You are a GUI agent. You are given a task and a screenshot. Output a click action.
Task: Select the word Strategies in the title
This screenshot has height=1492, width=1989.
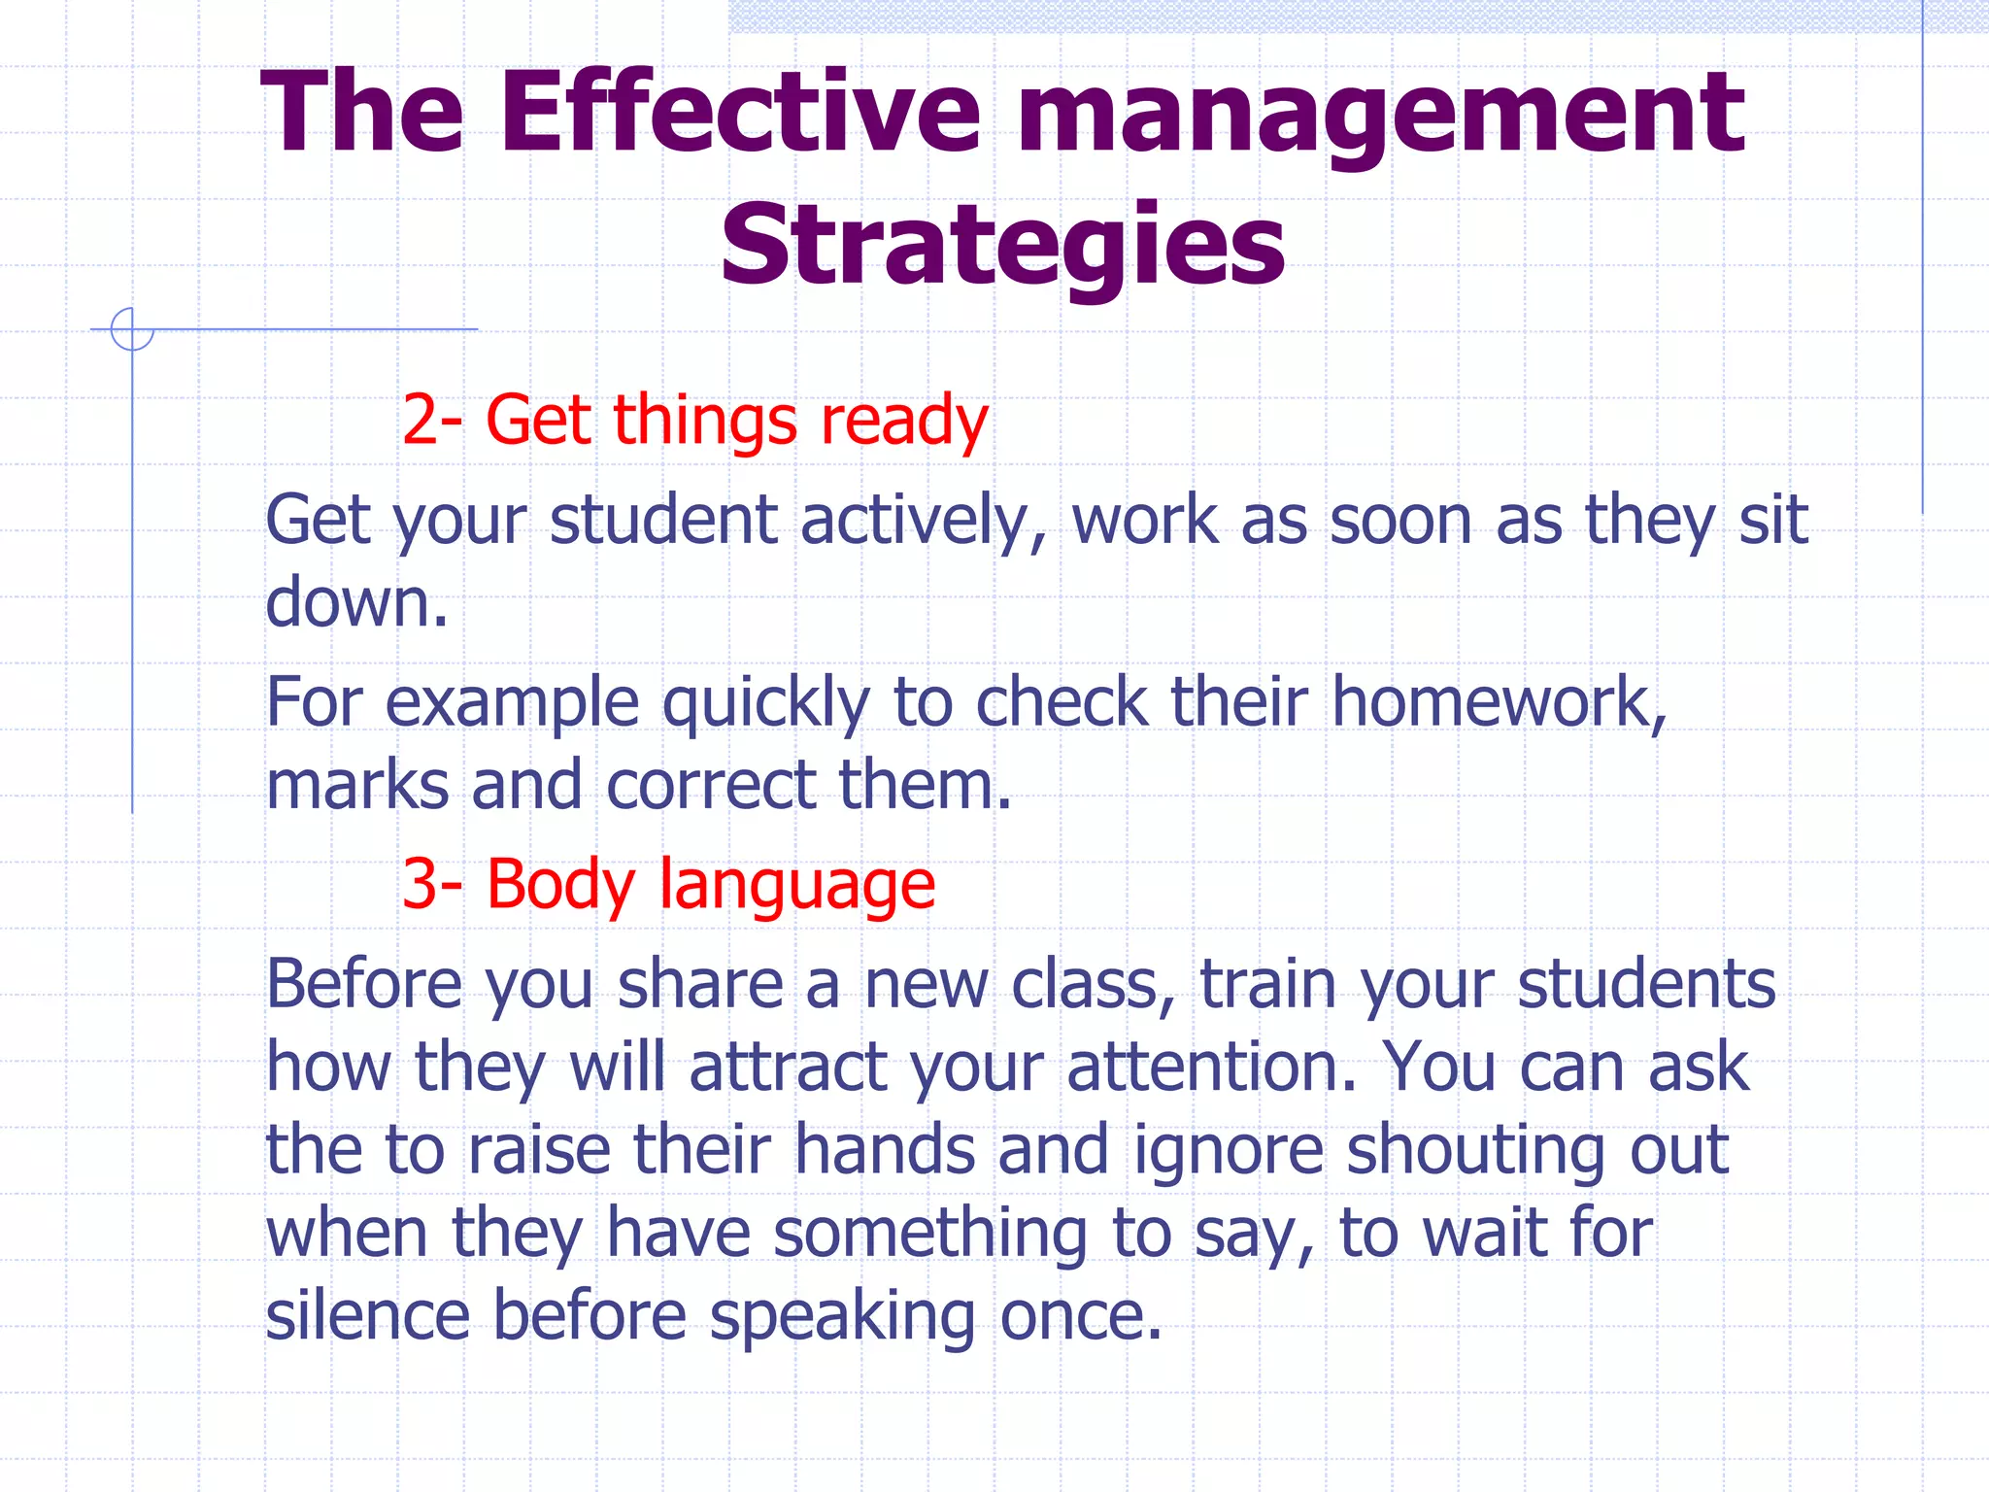pos(1002,247)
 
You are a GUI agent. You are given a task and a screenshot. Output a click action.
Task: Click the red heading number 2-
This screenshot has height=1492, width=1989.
pos(432,420)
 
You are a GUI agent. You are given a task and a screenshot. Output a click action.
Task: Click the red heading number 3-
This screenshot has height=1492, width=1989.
pos(432,884)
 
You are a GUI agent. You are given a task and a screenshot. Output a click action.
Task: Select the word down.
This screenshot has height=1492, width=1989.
pos(355,602)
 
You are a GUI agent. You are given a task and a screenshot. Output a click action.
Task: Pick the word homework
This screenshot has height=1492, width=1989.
pos(1500,701)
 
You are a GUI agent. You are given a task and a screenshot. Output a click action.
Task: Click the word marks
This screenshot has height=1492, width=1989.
pos(356,785)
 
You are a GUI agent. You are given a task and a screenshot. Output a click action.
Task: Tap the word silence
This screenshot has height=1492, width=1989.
pos(368,1315)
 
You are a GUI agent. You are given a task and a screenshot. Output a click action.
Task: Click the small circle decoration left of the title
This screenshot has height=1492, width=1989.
pos(132,328)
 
